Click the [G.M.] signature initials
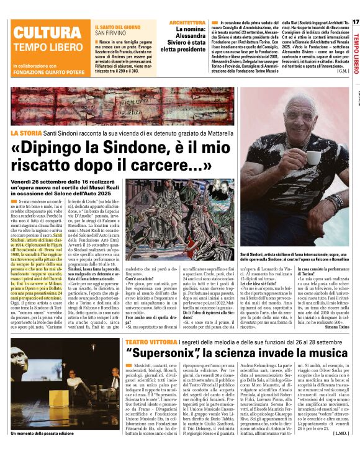pos(343,71)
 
